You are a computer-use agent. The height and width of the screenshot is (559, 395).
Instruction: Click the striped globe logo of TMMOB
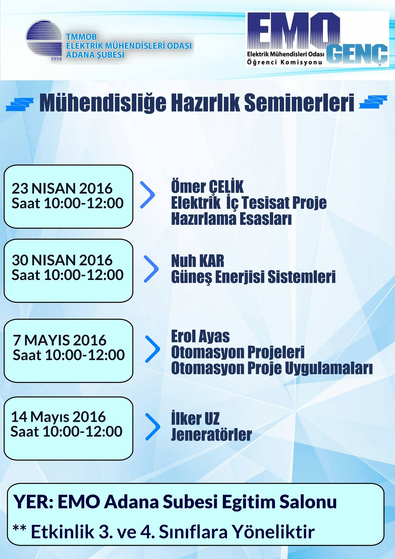[x=45, y=40]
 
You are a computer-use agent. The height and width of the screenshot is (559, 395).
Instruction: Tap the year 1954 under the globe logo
[x=56, y=59]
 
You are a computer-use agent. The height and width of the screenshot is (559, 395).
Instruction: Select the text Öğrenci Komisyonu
[x=285, y=62]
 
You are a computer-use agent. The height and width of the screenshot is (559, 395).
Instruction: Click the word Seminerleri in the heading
[x=299, y=103]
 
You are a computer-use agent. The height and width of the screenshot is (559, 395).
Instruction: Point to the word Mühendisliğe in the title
[x=103, y=103]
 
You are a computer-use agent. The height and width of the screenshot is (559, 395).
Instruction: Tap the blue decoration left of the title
[x=20, y=104]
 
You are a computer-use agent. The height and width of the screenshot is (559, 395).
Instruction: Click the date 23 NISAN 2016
[x=62, y=188]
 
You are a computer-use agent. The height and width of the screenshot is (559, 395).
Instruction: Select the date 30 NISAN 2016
[x=62, y=260]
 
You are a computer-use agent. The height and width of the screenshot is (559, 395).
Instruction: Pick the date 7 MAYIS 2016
[x=59, y=340]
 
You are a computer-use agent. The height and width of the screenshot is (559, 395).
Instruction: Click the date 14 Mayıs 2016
[x=58, y=417]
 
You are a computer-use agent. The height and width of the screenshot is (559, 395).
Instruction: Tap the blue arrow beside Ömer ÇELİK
[x=147, y=195]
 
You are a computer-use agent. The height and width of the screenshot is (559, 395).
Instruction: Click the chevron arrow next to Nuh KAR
[x=151, y=269]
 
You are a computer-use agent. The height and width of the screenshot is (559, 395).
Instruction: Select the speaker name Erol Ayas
[x=200, y=336]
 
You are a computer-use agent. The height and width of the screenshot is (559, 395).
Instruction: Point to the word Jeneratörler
[x=211, y=435]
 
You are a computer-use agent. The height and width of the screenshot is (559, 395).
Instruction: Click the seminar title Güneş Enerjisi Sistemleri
[x=253, y=277]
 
